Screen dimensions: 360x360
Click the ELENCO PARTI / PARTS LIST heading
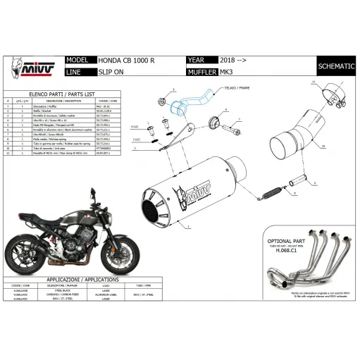tap(61, 93)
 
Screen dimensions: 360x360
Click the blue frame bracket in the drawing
tap(189, 104)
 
